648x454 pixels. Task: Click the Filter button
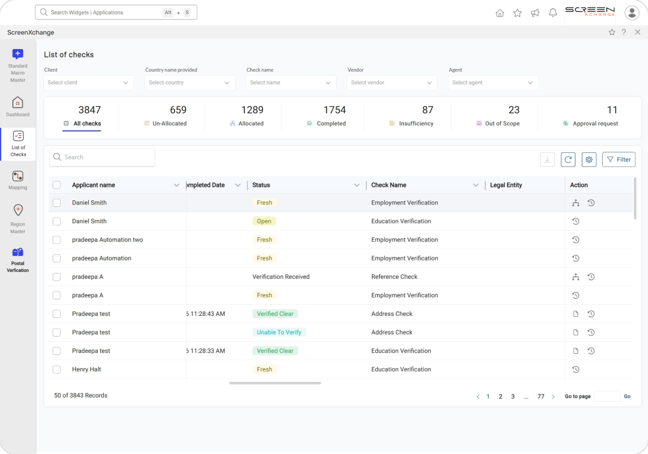coord(618,160)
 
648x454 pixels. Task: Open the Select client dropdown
coord(88,83)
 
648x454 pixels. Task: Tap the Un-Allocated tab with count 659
coord(165,116)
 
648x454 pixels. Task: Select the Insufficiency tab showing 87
coord(411,116)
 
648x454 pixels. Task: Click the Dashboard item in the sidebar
coord(18,106)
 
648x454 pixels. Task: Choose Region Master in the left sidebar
coord(18,219)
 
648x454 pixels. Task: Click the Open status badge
coord(264,221)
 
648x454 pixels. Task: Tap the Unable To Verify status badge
coord(279,332)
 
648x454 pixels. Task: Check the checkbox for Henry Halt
coord(57,369)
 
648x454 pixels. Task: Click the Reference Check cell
coord(394,277)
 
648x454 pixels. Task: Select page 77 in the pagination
coord(541,397)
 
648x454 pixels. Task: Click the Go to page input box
coord(607,397)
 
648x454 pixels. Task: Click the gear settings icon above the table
coord(589,160)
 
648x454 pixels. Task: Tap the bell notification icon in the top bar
coord(553,13)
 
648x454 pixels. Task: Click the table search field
coord(102,158)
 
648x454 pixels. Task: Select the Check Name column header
coord(389,185)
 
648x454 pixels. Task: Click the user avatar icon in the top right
coord(632,13)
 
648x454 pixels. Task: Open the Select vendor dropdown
coord(392,83)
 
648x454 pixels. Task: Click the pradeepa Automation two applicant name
coord(107,240)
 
